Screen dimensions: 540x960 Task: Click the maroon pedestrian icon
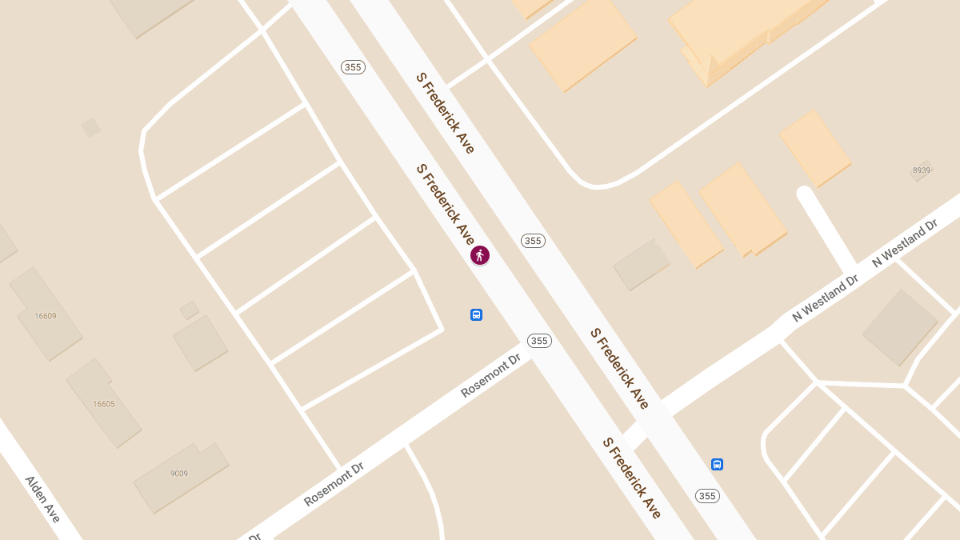[480, 255]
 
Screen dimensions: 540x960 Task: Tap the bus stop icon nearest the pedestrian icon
[476, 314]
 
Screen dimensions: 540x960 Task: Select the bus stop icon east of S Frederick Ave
[717, 464]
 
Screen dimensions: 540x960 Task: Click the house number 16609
[46, 316]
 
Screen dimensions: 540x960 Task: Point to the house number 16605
[104, 404]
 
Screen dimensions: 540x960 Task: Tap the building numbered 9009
[179, 474]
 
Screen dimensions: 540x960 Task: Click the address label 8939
[922, 170]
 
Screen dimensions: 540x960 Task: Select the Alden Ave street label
[42, 498]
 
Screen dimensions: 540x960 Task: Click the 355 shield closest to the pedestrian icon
[532, 241]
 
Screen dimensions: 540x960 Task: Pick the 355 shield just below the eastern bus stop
[706, 496]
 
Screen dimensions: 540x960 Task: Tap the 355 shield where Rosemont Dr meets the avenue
[539, 341]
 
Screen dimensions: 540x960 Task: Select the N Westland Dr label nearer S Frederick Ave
[825, 298]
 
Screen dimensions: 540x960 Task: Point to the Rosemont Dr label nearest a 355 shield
[491, 375]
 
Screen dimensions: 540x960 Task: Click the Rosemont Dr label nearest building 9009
[334, 478]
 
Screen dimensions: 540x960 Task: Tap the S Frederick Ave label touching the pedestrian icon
[445, 204]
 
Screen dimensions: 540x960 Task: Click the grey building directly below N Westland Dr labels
[899, 327]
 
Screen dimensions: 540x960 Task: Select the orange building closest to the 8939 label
[815, 147]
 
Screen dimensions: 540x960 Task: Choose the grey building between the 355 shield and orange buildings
[642, 264]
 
